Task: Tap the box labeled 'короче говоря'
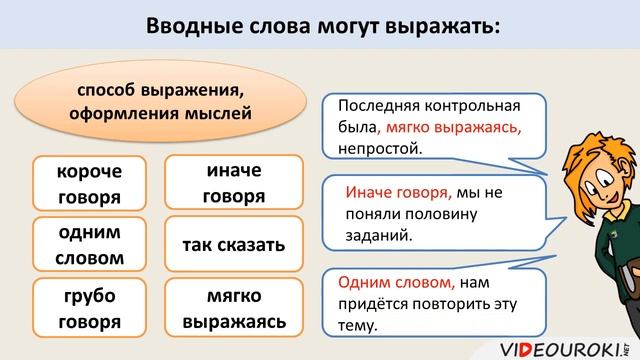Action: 89,183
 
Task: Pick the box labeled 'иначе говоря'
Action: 233,183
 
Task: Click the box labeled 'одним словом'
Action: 89,245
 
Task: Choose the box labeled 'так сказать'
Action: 233,245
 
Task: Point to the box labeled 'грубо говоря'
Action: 89,308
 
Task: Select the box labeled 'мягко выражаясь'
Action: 233,308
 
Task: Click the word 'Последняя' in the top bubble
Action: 378,105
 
